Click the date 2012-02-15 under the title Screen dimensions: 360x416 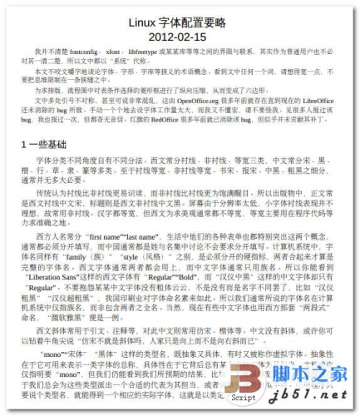(180, 37)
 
